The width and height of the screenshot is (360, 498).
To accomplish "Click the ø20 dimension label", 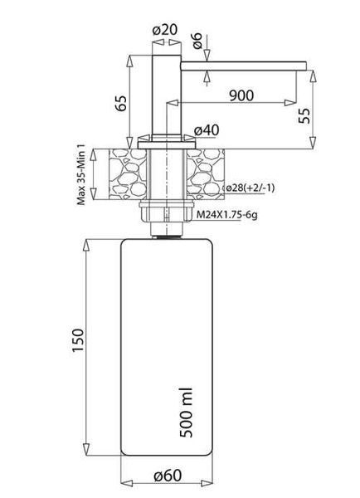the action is coord(165,30).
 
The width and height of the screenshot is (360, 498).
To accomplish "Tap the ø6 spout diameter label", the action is coord(197,41).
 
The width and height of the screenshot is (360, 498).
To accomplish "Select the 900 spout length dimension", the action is coord(241,95).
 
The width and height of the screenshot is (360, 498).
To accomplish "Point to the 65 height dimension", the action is coord(121,102).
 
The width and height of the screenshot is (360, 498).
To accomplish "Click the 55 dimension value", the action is coord(304,116).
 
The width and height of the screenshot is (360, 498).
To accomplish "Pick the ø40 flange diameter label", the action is coord(207,130).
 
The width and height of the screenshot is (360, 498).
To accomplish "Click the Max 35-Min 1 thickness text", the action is coord(81,174).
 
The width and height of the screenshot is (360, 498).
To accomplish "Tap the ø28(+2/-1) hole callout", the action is coord(249,188).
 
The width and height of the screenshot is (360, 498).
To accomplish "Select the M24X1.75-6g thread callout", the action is coord(227,215).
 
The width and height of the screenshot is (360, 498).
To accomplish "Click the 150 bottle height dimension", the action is coord(78,340).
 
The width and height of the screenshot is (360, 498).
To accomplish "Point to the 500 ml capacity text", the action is coord(186,413).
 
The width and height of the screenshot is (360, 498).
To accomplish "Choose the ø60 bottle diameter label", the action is coord(168,476).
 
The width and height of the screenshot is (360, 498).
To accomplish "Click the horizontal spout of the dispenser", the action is coord(244,66).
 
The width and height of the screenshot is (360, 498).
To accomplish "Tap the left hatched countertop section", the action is coord(128,173).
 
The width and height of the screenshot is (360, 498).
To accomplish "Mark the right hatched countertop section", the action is coord(206,173).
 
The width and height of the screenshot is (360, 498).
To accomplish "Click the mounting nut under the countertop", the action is coord(166,212).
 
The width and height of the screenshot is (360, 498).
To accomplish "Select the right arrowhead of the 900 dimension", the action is coord(290,103).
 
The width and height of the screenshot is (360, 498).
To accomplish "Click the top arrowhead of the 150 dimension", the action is coord(86,246).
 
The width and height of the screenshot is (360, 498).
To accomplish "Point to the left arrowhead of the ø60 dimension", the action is coord(127,484).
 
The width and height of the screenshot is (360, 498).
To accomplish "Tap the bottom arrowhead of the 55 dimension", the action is coord(313,143).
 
